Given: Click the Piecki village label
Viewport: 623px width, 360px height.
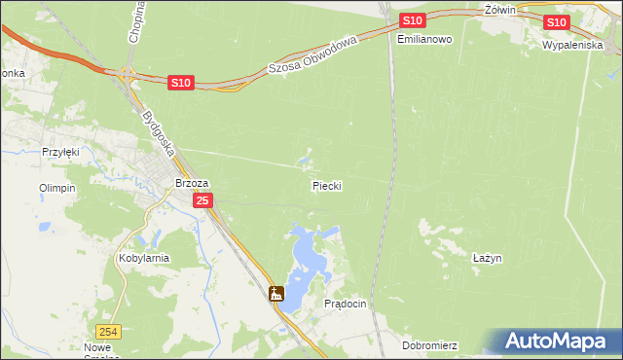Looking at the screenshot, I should [x=327, y=185].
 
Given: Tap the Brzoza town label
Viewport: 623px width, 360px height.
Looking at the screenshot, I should [x=192, y=182].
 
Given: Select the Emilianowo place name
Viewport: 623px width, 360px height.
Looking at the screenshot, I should [x=425, y=40].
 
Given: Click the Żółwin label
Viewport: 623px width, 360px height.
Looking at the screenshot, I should [x=497, y=9].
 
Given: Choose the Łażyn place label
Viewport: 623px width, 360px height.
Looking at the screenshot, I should [x=486, y=258].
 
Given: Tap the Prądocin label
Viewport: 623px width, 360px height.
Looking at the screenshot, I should [x=345, y=304].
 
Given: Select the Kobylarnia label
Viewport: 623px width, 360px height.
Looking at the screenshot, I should [x=144, y=258].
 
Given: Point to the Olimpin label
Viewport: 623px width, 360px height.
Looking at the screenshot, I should [x=56, y=188].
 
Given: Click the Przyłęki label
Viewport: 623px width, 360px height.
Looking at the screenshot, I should [x=60, y=152].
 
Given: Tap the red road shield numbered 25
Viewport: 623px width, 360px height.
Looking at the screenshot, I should [x=202, y=200].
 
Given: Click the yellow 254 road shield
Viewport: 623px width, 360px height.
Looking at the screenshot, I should [x=111, y=331].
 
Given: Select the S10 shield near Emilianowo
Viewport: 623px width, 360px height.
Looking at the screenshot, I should [x=412, y=20].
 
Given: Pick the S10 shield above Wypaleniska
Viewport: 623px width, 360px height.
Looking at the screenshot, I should [x=556, y=21].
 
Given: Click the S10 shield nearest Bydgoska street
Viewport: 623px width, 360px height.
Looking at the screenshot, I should [x=180, y=84].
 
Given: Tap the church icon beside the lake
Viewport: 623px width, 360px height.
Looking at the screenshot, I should [x=276, y=293].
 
